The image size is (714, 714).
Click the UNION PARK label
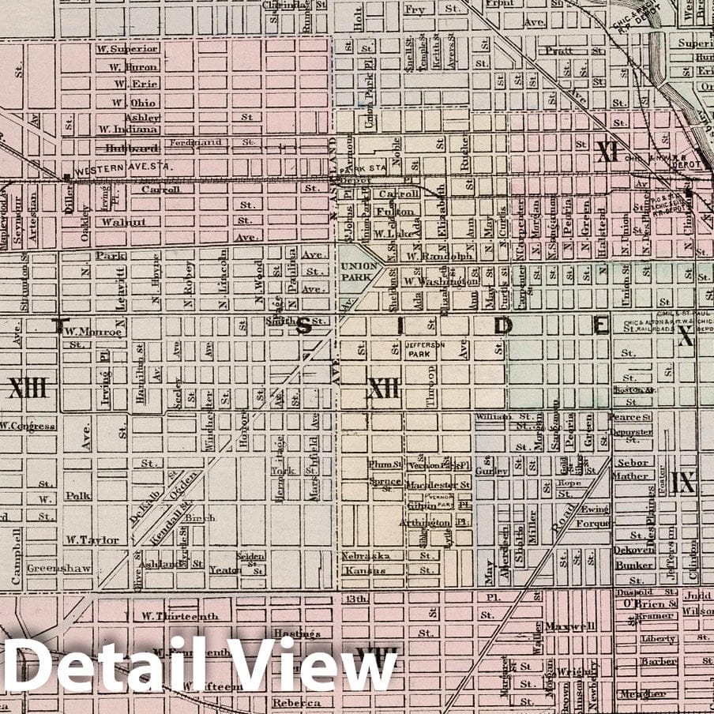[359, 271]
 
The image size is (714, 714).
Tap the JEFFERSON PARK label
[426, 349]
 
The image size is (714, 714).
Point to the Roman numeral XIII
[28, 388]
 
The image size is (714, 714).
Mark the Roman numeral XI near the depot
[607, 151]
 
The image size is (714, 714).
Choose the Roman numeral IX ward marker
[682, 483]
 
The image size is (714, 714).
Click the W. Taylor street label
[92, 540]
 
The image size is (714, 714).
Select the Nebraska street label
[366, 555]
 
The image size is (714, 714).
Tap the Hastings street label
[296, 633]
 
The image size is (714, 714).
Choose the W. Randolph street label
[429, 256]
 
